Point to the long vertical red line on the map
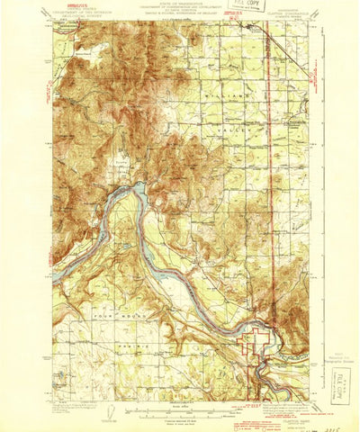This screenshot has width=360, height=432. [270, 180]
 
